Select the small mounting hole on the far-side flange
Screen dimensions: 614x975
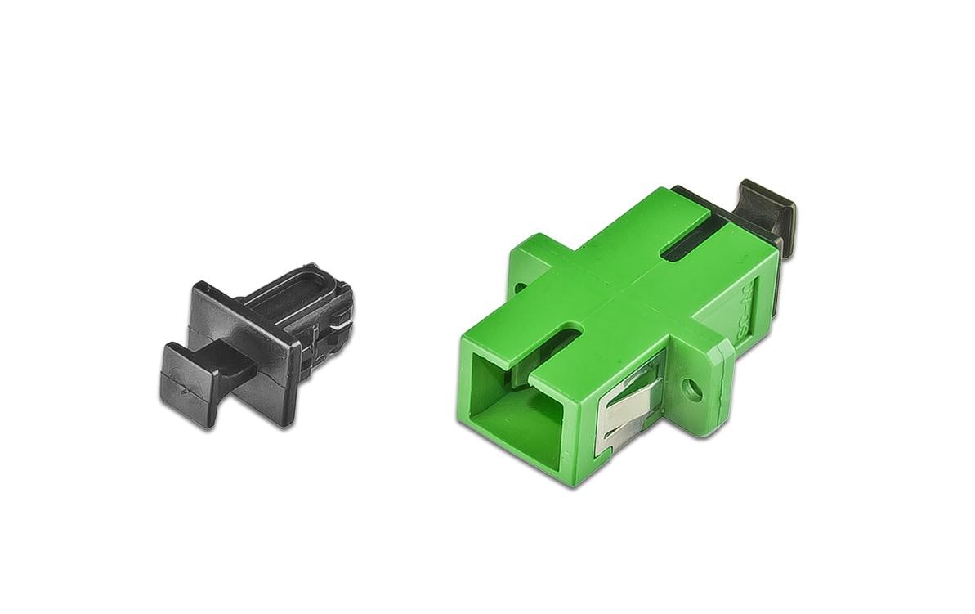(520, 287)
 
